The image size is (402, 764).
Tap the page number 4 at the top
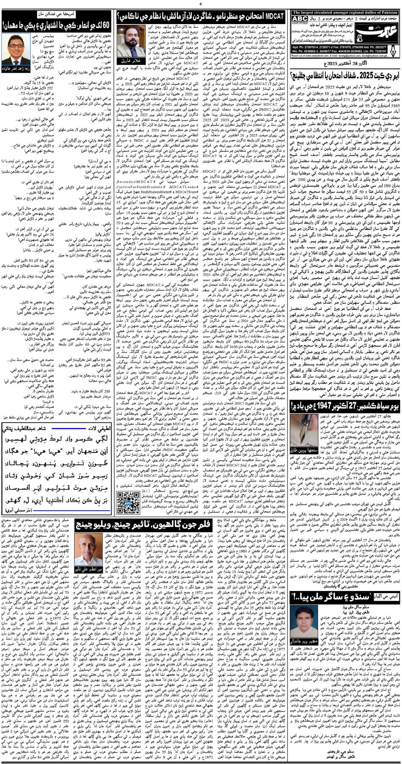(201, 4)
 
